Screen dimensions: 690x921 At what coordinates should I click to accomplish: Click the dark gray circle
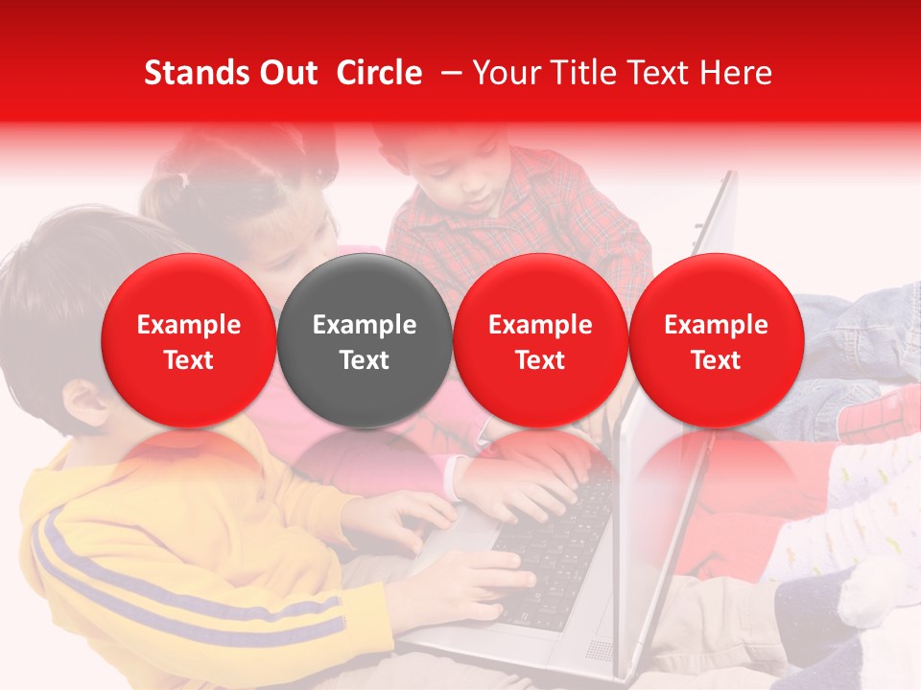point(365,340)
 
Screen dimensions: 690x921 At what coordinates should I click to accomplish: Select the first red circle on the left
point(189,340)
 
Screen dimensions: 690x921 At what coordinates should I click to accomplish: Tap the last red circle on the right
point(716,340)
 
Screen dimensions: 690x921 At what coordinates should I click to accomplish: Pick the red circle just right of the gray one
point(540,340)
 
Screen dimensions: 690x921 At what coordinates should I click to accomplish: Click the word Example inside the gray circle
point(365,325)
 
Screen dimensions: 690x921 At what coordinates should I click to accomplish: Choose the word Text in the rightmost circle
point(716,360)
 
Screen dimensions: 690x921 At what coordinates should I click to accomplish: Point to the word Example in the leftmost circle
point(189,325)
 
